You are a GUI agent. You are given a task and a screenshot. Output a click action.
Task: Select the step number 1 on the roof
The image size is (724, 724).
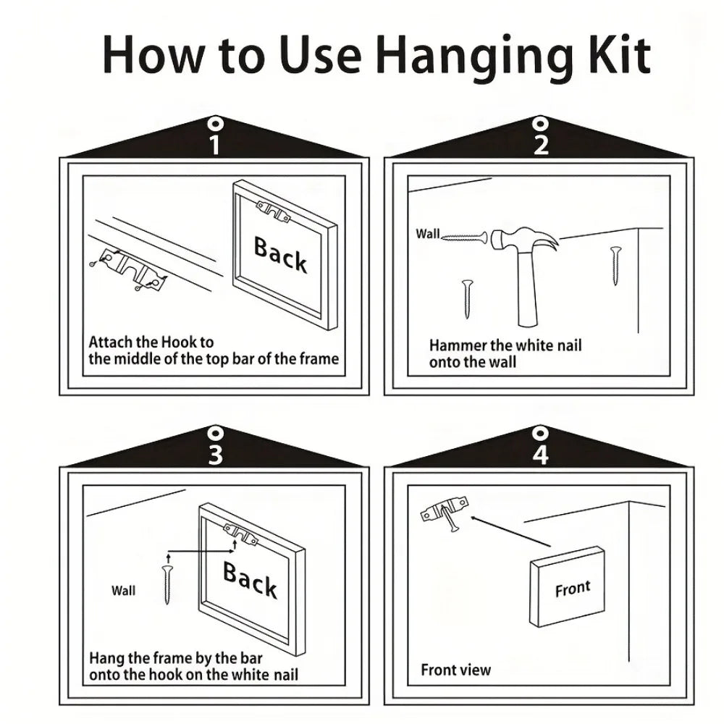[215, 144]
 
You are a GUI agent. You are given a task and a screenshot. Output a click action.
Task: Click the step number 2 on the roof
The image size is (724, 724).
[541, 144]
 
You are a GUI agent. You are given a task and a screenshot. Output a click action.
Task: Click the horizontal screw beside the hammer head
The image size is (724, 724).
[465, 237]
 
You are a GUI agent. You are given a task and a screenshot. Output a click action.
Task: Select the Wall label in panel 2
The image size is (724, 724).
[428, 234]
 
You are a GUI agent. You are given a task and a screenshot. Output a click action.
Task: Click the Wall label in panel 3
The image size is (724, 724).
[123, 591]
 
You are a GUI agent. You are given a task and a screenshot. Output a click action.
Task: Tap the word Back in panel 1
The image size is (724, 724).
[280, 255]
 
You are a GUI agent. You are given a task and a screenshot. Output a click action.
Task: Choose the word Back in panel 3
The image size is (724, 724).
[250, 580]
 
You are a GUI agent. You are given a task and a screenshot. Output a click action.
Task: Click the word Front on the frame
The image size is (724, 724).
[573, 588]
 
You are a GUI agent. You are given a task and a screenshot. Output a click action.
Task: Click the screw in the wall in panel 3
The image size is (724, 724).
[168, 585]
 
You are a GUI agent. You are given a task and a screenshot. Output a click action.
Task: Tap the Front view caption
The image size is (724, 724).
[455, 670]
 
